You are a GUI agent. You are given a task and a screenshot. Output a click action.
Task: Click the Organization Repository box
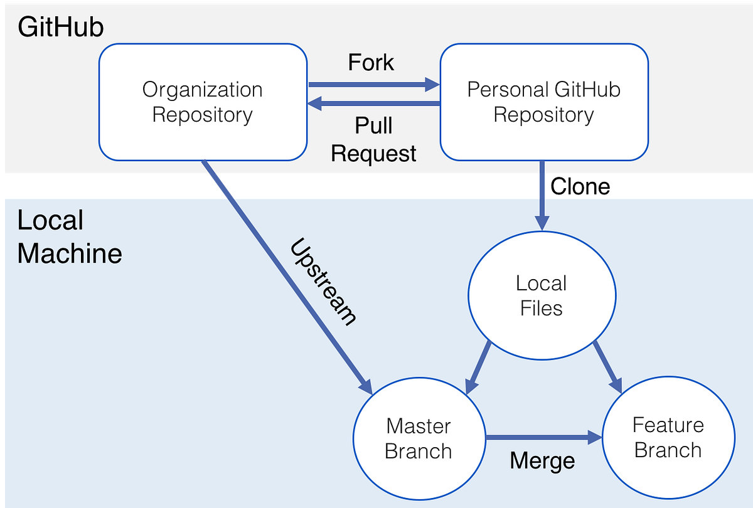coord(202,102)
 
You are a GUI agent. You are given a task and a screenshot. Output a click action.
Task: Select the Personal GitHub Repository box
coord(543,102)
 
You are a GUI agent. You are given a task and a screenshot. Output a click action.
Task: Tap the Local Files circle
coord(541,296)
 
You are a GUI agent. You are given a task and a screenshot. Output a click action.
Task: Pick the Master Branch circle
coord(419,438)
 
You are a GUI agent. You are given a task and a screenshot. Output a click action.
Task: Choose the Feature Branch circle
coord(668,438)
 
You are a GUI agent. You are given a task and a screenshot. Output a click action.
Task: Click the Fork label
coord(371,63)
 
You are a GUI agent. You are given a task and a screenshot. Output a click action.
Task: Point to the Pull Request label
coord(374,139)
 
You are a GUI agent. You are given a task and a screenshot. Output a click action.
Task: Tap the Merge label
coord(542,461)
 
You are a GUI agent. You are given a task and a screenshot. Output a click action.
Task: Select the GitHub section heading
coord(60,28)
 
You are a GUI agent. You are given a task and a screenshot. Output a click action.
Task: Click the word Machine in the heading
coord(69,254)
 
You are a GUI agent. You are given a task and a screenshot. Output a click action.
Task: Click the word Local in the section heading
coord(50,221)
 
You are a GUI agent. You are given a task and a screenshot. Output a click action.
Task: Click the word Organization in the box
coord(202,90)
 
